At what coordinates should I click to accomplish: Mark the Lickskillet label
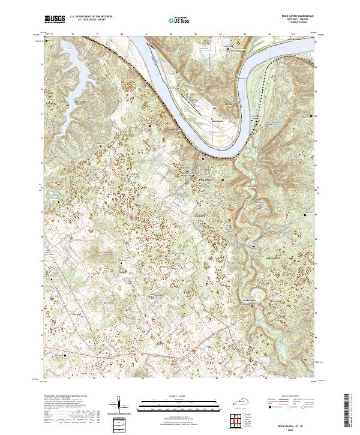tap(198, 216)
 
